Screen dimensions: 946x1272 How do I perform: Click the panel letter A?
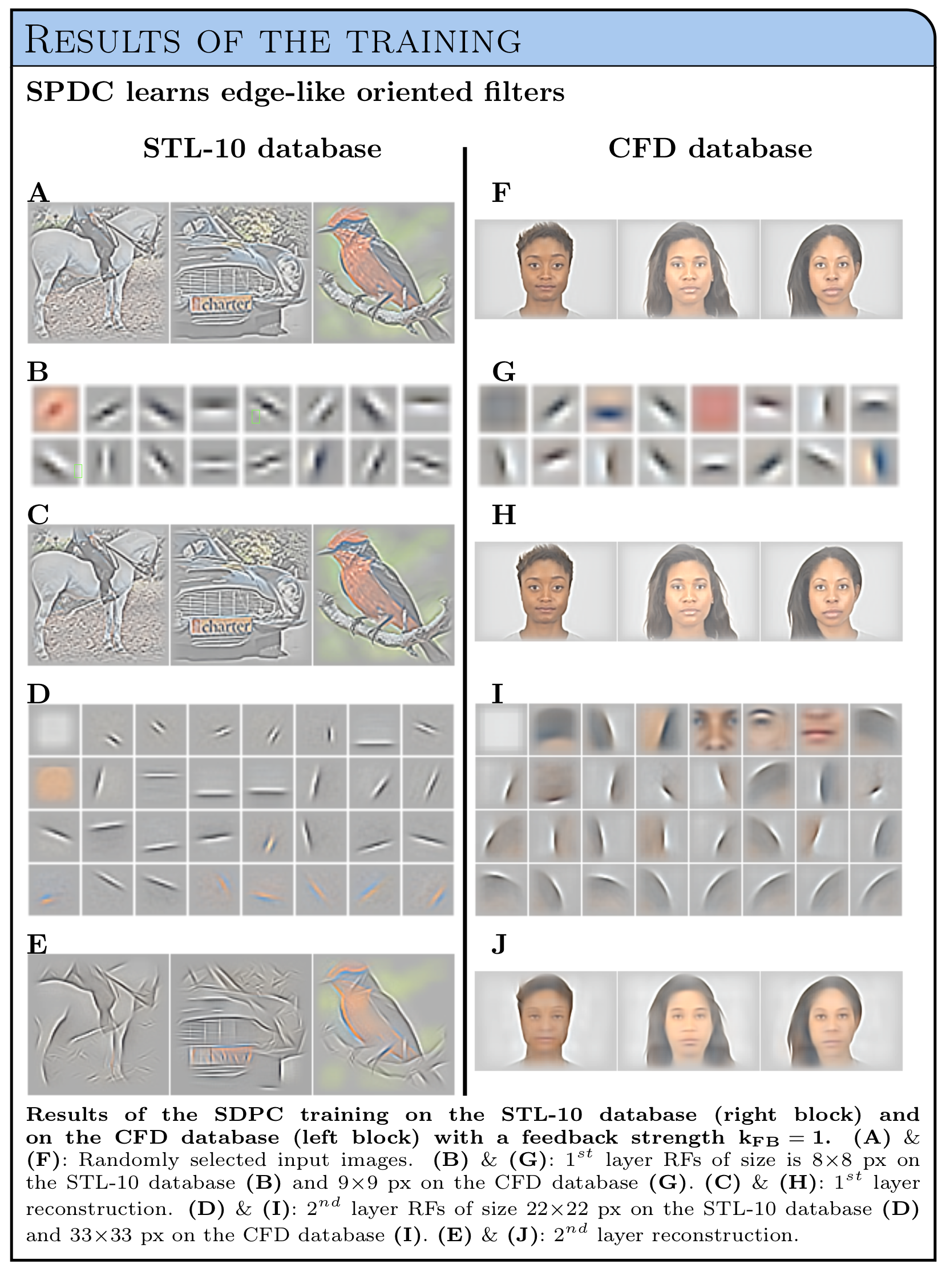click(38, 193)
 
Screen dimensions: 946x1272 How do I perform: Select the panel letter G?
click(504, 372)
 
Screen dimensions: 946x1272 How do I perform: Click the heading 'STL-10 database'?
click(262, 149)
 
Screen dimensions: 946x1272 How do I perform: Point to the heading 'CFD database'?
click(710, 149)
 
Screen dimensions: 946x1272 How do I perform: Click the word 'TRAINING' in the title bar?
click(435, 41)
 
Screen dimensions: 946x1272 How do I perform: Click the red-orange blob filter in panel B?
click(55, 408)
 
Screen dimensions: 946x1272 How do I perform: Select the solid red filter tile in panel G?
click(715, 408)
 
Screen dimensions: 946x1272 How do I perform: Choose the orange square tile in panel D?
click(54, 783)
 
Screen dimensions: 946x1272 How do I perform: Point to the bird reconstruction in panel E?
click(383, 1023)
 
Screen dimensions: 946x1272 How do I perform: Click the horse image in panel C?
click(99, 595)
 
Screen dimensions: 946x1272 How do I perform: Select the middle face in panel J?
click(688, 1020)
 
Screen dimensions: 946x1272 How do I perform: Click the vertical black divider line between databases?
click(464, 621)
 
